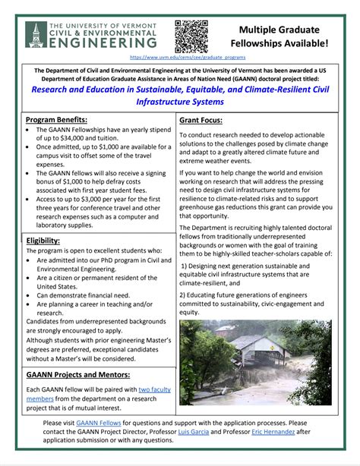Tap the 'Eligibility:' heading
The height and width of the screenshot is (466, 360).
[x=49, y=241]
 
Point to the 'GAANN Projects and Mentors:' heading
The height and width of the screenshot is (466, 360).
[x=77, y=375]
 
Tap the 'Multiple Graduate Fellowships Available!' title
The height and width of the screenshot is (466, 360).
[x=283, y=36]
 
